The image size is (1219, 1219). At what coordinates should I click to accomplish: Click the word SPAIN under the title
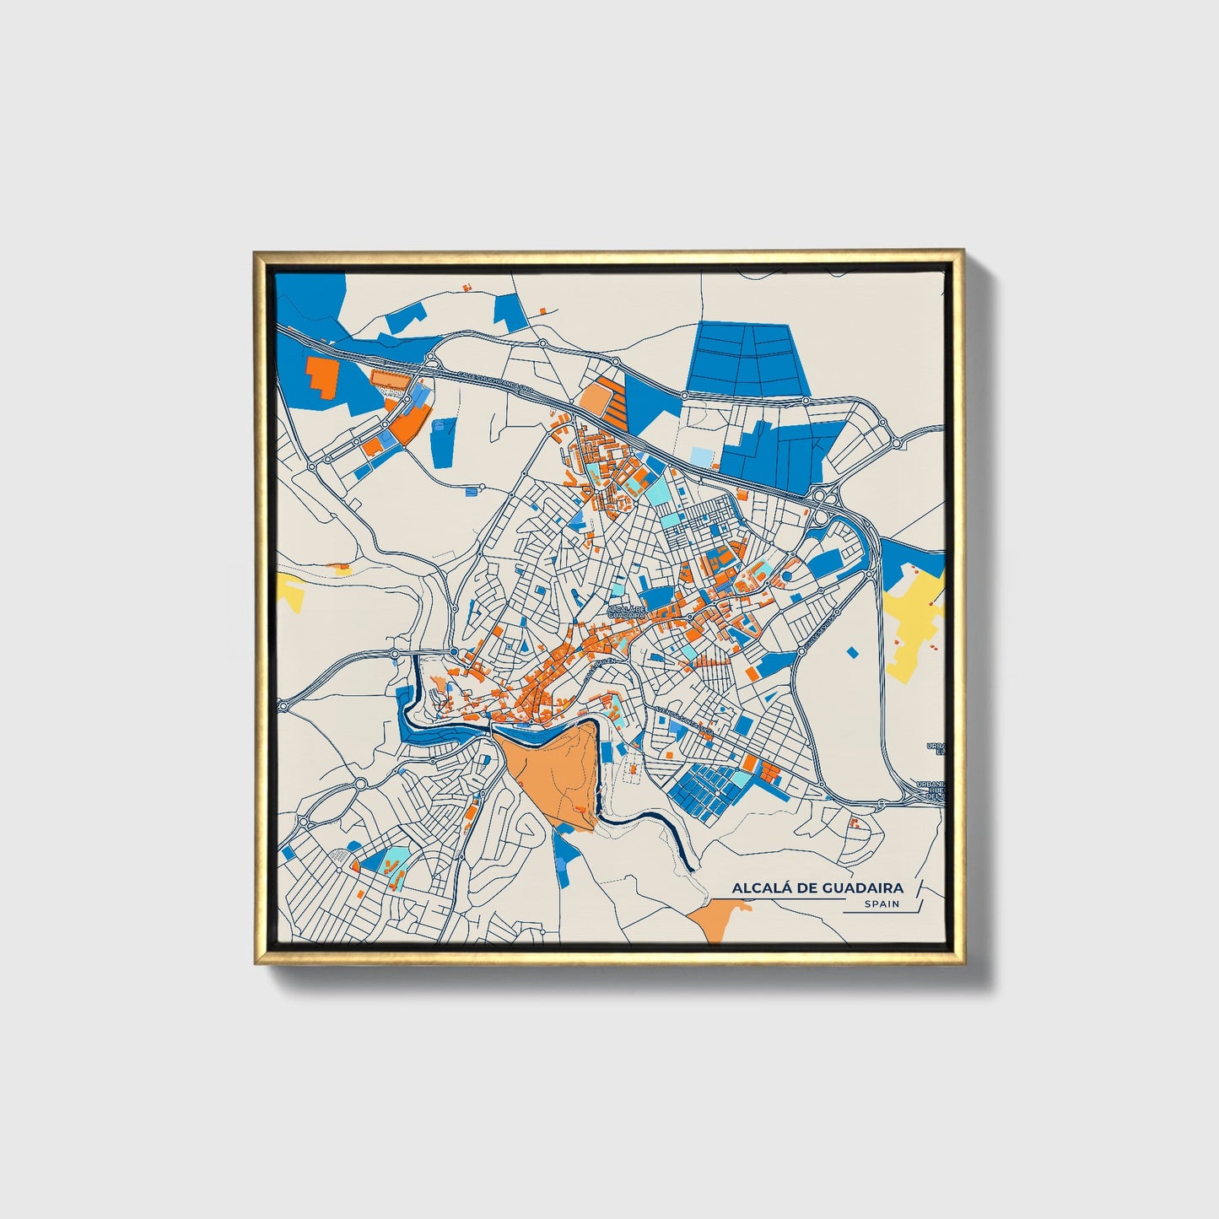coord(882,903)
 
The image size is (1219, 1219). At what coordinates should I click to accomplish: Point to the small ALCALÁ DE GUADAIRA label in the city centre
coord(627,612)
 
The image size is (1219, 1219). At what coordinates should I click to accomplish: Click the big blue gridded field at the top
coord(747,359)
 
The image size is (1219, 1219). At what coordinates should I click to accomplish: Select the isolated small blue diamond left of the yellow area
coord(851,652)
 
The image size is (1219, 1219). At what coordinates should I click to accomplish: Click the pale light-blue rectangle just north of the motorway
coord(701,456)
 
